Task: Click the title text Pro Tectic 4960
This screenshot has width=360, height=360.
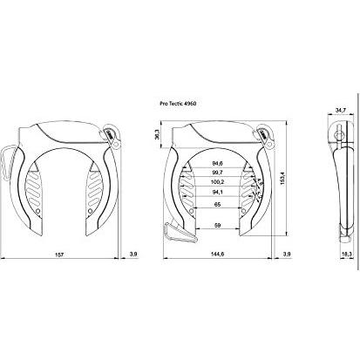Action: point(185,101)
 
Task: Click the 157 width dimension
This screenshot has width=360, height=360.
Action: point(60,254)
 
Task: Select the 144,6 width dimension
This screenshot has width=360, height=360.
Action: point(219,254)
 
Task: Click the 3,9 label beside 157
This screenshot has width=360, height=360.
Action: point(132,254)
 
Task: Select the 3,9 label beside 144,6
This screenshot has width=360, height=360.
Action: point(289,254)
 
